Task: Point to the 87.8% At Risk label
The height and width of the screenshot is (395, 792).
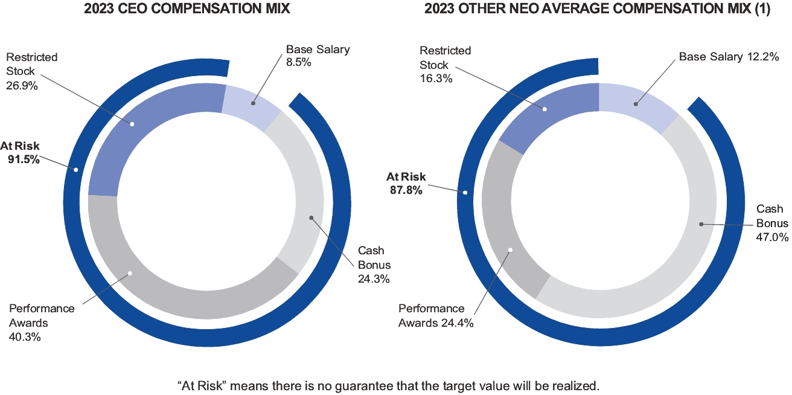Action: [406, 183]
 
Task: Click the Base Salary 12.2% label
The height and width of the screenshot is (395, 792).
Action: [726, 57]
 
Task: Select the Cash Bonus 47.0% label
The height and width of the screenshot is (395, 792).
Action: [772, 223]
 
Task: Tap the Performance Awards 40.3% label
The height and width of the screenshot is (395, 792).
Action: [42, 323]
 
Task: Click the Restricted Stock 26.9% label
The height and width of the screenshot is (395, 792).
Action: [31, 71]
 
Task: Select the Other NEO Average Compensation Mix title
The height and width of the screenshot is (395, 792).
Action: [597, 9]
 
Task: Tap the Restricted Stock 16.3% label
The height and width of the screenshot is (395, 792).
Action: [445, 64]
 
